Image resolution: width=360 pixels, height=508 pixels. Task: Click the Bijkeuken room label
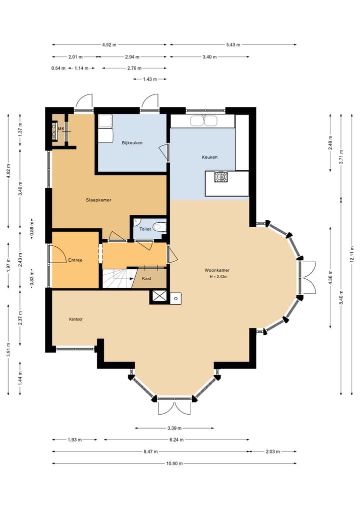(x=132, y=143)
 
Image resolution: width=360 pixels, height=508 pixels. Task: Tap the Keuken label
(x=209, y=157)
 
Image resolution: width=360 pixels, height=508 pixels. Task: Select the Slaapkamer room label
(x=98, y=200)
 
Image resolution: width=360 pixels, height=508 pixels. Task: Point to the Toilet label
(x=145, y=229)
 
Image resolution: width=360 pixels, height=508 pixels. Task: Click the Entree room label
(x=75, y=260)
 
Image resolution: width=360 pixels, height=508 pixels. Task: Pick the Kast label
(x=146, y=278)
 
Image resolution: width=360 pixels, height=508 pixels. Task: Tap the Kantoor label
(x=76, y=319)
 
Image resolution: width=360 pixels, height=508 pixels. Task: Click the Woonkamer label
(x=217, y=270)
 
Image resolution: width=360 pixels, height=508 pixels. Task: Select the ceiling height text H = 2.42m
(x=218, y=277)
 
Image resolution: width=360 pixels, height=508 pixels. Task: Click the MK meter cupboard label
(x=61, y=129)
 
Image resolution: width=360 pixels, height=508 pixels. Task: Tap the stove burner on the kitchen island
(x=221, y=176)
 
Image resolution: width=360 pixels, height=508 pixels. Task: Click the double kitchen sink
(x=203, y=121)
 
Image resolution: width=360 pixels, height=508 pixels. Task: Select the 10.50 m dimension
(x=174, y=463)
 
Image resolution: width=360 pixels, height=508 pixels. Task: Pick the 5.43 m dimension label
(x=233, y=45)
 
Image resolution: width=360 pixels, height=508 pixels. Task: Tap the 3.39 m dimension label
(x=174, y=428)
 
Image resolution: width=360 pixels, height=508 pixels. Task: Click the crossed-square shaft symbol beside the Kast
(x=159, y=296)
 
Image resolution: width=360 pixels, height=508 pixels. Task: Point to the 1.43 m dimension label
(x=150, y=79)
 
